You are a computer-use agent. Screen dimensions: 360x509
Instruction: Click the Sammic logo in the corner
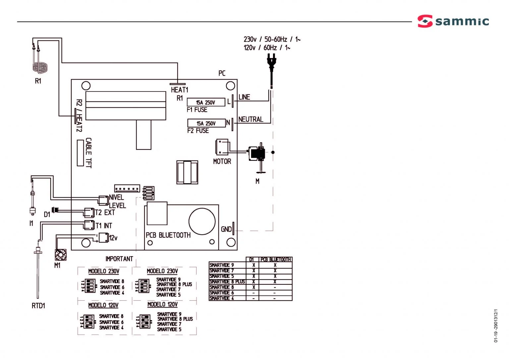(453, 21)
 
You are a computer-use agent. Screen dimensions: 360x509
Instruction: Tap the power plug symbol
(271, 61)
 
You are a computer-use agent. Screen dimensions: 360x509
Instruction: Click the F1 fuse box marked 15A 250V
(206, 102)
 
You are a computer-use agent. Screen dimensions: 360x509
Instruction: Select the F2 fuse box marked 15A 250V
(206, 123)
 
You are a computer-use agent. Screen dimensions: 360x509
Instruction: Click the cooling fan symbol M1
(60, 255)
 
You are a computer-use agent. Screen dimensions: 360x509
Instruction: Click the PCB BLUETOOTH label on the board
(168, 235)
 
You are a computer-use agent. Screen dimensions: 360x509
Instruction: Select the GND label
(226, 229)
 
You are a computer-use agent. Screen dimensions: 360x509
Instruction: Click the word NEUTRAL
(251, 119)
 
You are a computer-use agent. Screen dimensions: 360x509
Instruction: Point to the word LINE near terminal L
(244, 97)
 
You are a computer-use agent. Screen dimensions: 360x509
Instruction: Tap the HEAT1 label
(179, 90)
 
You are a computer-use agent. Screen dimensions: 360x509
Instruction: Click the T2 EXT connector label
(105, 212)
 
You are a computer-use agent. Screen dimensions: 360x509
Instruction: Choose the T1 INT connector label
(104, 226)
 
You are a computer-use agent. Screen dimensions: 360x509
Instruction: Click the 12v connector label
(113, 238)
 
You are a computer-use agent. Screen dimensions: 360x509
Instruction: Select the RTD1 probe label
(38, 306)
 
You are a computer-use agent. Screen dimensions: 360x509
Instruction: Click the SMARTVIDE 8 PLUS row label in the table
(227, 282)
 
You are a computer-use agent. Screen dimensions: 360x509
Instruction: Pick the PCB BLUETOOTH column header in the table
(275, 260)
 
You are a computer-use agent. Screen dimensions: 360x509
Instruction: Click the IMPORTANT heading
(119, 259)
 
